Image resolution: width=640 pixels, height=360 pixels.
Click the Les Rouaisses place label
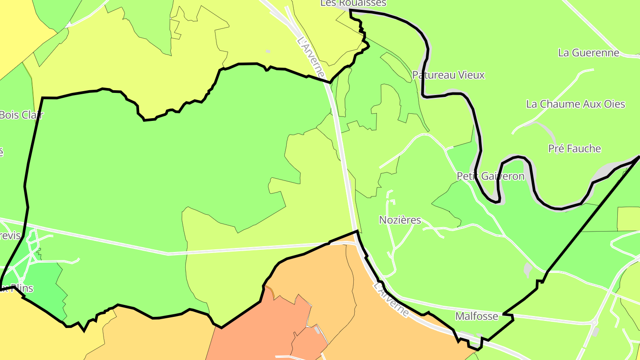tap(353, 3)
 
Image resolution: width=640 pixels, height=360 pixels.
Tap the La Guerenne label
tap(588, 53)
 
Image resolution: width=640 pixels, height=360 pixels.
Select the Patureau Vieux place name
tap(448, 75)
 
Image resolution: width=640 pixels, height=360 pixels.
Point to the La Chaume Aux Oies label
tap(576, 104)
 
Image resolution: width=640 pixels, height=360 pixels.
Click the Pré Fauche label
tap(574, 149)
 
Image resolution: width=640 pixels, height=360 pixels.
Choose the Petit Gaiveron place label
tap(491, 176)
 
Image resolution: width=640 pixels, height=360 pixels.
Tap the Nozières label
tap(400, 220)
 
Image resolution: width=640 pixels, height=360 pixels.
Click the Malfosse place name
tap(477, 316)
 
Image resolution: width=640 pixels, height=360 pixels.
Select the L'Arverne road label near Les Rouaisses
tap(311, 57)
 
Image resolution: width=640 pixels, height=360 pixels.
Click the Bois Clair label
tap(21, 115)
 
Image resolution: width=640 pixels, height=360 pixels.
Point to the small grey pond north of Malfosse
tap(528, 269)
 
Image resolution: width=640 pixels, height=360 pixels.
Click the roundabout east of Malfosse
tap(595, 323)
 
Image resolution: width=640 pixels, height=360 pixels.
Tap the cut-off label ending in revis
tap(11, 236)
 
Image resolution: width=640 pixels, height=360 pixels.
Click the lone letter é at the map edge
tap(1, 152)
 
